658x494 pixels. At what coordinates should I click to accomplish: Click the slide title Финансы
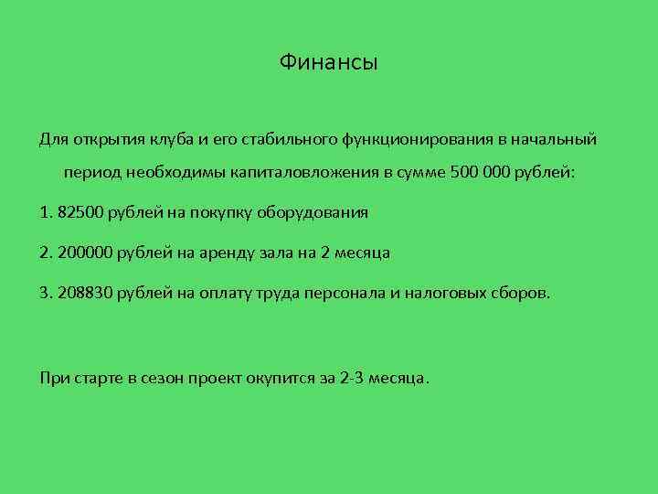tap(328, 63)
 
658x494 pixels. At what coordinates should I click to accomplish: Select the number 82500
tap(79, 212)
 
